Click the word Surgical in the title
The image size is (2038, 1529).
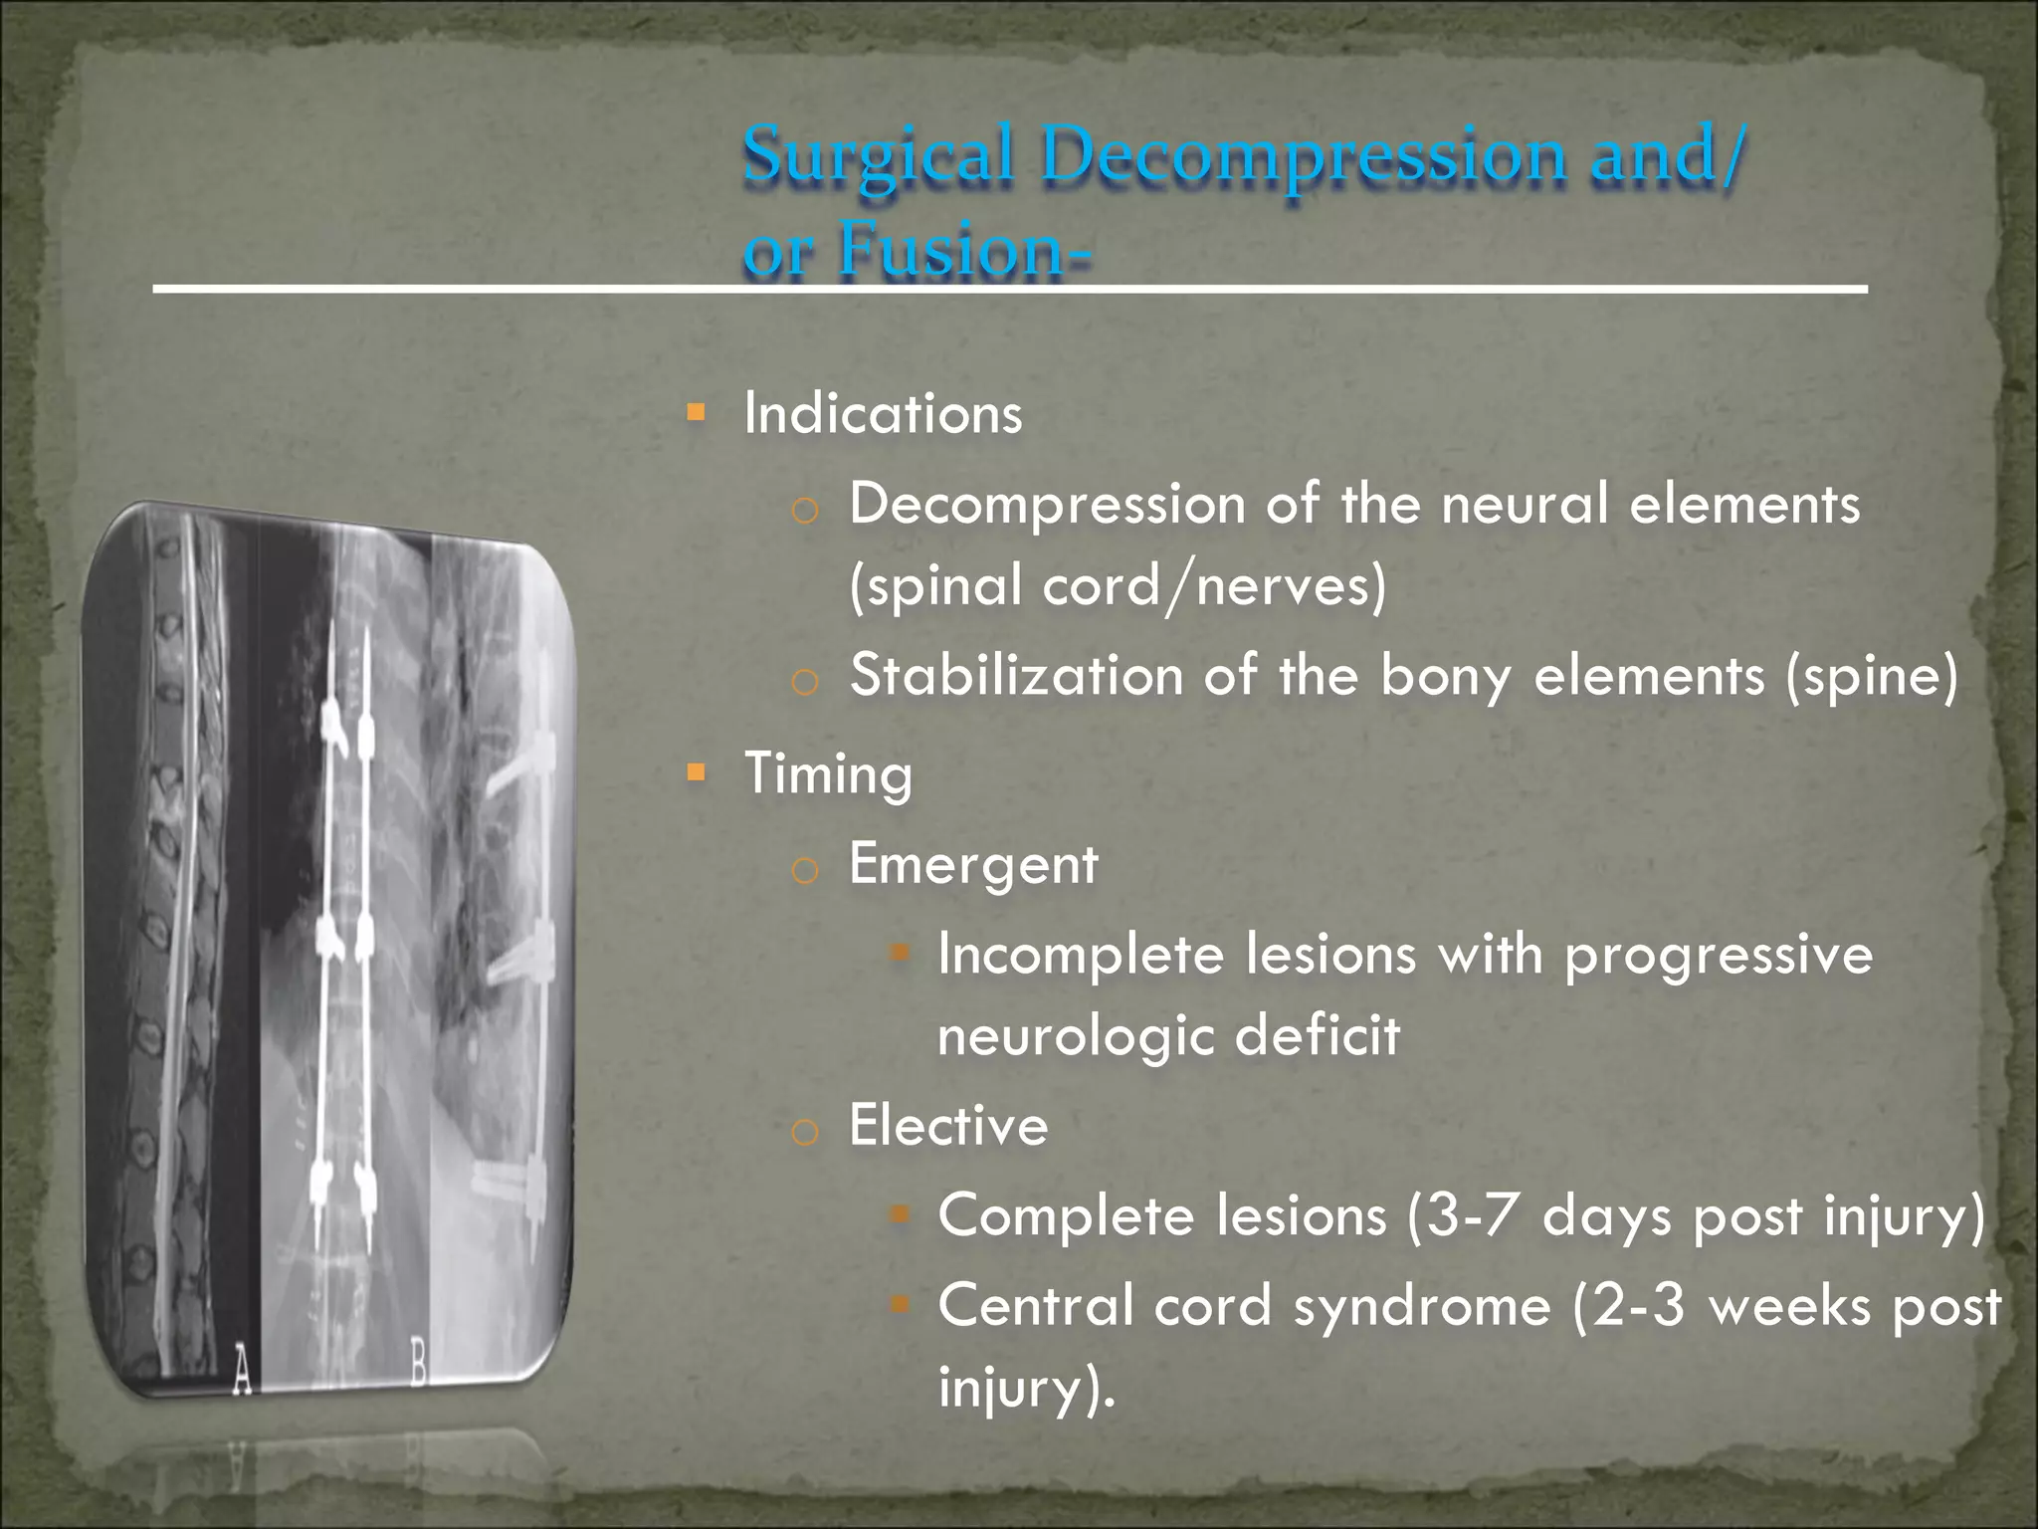coord(878,157)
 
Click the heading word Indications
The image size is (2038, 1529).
coord(883,413)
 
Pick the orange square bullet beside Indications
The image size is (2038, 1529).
coord(696,411)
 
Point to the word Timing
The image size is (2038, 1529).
coord(828,774)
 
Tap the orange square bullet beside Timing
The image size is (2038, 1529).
coord(696,771)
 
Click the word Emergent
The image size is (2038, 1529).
coord(972,864)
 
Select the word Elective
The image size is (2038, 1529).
coord(947,1126)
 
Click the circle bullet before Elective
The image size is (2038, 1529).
coord(804,1132)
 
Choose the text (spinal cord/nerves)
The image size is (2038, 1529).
coord(1117,585)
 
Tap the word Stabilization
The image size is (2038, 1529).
coord(1016,676)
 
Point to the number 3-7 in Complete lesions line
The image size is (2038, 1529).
coord(1474,1215)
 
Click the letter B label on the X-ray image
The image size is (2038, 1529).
coord(418,1364)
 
